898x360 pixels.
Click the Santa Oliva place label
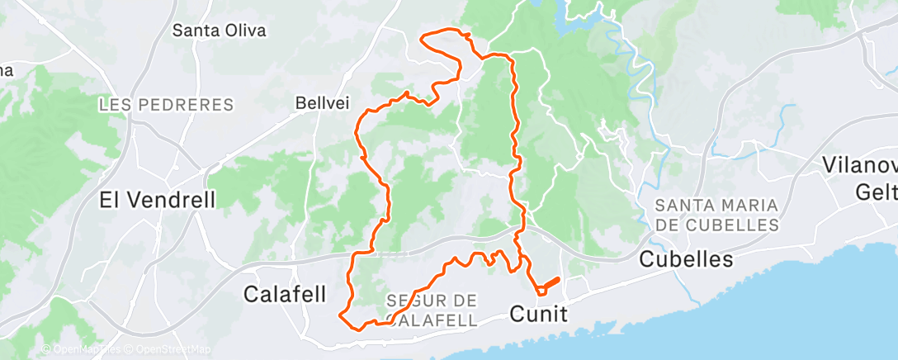[219, 31]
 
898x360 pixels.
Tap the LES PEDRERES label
[166, 105]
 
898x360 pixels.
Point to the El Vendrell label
[158, 199]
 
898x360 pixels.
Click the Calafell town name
[286, 293]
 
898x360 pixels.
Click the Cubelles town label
[687, 259]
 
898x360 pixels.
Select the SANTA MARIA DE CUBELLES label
[716, 214]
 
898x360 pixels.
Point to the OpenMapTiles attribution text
[83, 350]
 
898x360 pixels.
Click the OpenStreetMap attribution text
[165, 350]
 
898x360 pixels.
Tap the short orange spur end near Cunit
[559, 279]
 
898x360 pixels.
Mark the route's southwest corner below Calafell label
[341, 313]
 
